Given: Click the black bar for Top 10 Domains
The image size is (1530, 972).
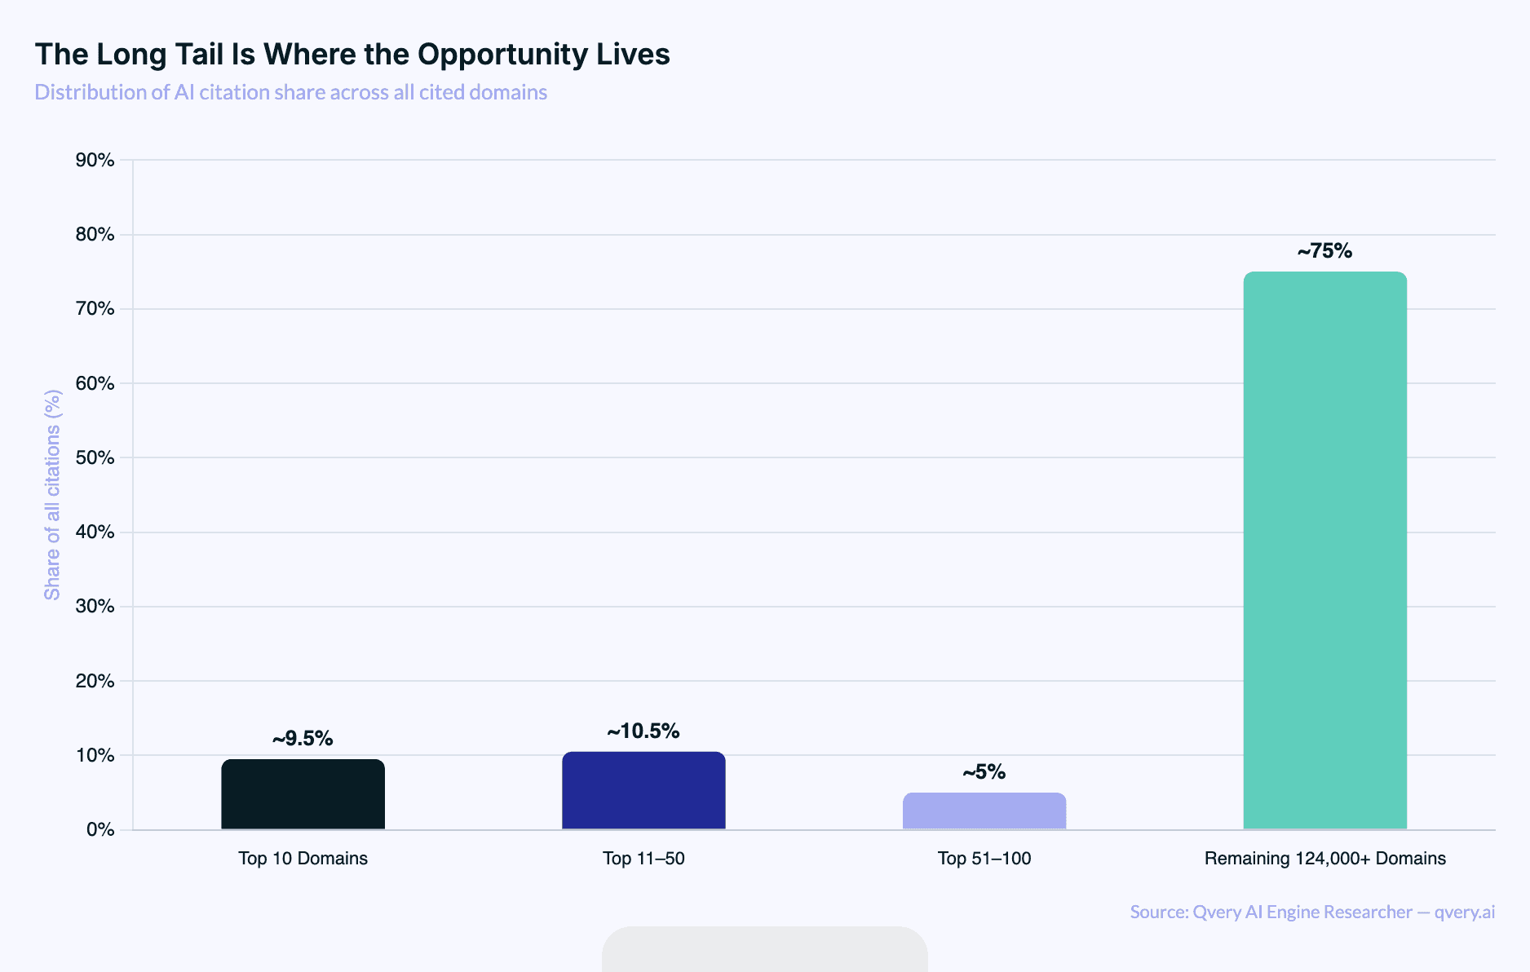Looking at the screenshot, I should pyautogui.click(x=303, y=794).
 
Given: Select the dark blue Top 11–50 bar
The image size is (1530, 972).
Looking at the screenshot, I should pyautogui.click(x=643, y=790).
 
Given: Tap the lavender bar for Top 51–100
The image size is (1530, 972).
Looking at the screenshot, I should pyautogui.click(x=984, y=811).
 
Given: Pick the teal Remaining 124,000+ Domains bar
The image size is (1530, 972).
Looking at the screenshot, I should pyautogui.click(x=1324, y=550).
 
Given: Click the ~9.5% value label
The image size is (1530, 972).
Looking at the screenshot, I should pyautogui.click(x=303, y=739).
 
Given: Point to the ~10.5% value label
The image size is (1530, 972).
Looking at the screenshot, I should pyautogui.click(x=643, y=731).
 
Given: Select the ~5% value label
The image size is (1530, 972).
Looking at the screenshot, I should pyautogui.click(x=984, y=772).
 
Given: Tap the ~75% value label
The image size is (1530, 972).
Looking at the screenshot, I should pyautogui.click(x=1324, y=251).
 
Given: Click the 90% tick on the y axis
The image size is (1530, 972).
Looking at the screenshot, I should pyautogui.click(x=95, y=160).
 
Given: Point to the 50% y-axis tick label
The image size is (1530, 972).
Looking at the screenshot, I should pyautogui.click(x=95, y=457).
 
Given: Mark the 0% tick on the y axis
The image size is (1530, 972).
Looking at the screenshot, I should pyautogui.click(x=100, y=829).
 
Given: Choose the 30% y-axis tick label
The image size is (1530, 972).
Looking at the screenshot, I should pyautogui.click(x=95, y=606).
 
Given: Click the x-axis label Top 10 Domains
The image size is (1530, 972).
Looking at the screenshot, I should pyautogui.click(x=303, y=859).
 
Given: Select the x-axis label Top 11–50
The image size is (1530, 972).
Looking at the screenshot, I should pyautogui.click(x=643, y=859).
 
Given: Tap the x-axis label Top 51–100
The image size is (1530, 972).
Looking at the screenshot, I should pyautogui.click(x=984, y=859).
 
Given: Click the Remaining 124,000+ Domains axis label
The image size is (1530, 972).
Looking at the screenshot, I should pyautogui.click(x=1324, y=859).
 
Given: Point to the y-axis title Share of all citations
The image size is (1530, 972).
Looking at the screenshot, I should pyautogui.click(x=53, y=495).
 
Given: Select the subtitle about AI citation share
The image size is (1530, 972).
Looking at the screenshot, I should pyautogui.click(x=290, y=92).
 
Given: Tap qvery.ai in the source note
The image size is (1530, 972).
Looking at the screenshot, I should pyautogui.click(x=1464, y=912).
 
